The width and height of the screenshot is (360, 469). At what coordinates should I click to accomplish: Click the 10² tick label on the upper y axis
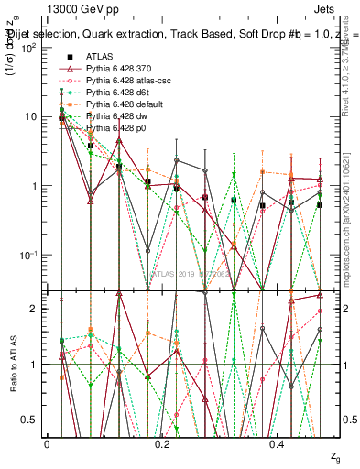point(29,47)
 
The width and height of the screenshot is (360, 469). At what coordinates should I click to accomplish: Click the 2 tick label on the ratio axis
point(35,309)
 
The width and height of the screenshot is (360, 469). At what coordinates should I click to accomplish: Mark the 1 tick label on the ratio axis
point(35,365)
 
